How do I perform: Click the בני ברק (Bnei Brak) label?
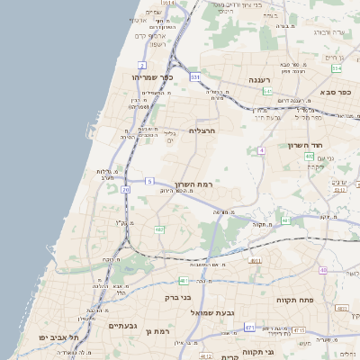[178, 296]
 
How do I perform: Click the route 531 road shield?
[194, 77]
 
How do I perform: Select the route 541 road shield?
[267, 91]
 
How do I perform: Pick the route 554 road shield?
[336, 68]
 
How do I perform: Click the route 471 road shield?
[248, 328]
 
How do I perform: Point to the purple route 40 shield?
[322, 270]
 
